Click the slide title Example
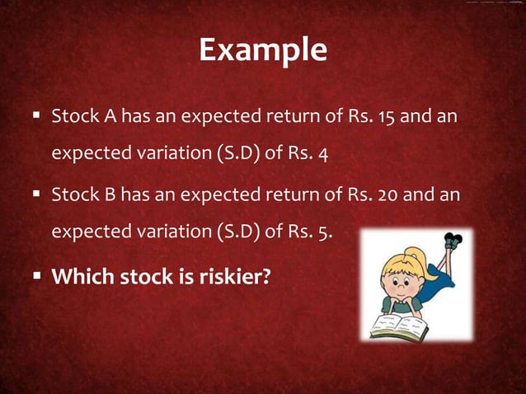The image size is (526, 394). [263, 51]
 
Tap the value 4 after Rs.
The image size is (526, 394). [323, 154]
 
